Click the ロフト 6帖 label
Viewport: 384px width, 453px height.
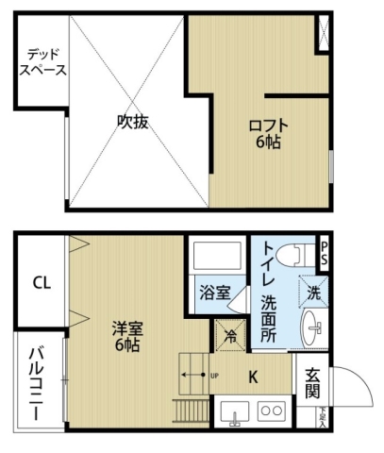pos(268,133)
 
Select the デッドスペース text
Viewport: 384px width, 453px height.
pos(45,62)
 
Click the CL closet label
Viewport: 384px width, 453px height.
pos(41,282)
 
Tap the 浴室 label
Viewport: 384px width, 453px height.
pos(214,293)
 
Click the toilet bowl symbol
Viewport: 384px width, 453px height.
pos(294,253)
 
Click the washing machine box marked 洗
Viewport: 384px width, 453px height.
pos(314,291)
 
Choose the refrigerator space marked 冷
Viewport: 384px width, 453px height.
pos(228,335)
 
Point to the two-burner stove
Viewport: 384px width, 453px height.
pos(271,411)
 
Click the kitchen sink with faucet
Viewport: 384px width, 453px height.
pos(234,411)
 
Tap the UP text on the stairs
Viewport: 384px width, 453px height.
pos(215,377)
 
